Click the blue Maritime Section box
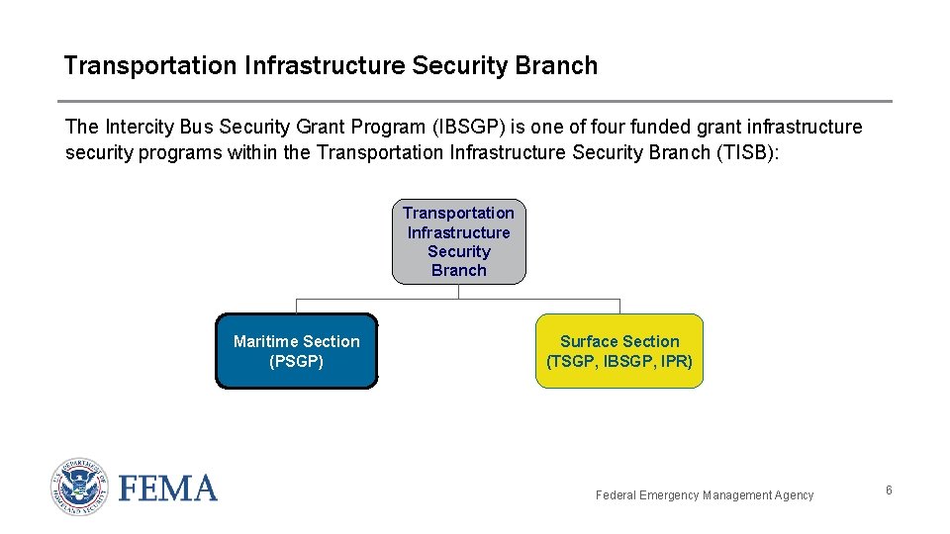pyautogui.click(x=297, y=351)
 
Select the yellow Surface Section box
pyautogui.click(x=619, y=351)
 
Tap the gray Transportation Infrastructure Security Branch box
pyautogui.click(x=458, y=241)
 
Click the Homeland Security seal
pyautogui.click(x=79, y=487)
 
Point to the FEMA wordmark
pyautogui.click(x=168, y=489)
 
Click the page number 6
pyautogui.click(x=889, y=489)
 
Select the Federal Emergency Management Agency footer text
pyautogui.click(x=704, y=495)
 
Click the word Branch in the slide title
pyautogui.click(x=556, y=65)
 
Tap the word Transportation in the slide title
pyautogui.click(x=150, y=65)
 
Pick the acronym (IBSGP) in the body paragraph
pyautogui.click(x=469, y=128)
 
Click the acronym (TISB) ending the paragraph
pyautogui.click(x=745, y=152)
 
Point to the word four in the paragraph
pyautogui.click(x=608, y=127)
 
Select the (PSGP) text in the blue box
pyautogui.click(x=296, y=362)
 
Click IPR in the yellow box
pyautogui.click(x=676, y=362)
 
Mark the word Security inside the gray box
pyautogui.click(x=458, y=252)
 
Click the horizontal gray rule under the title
pyautogui.click(x=475, y=101)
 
